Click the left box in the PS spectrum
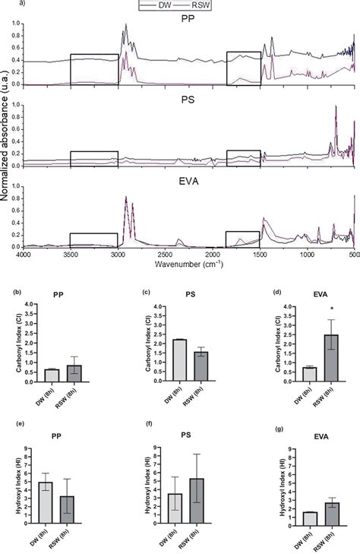[x=94, y=159]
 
